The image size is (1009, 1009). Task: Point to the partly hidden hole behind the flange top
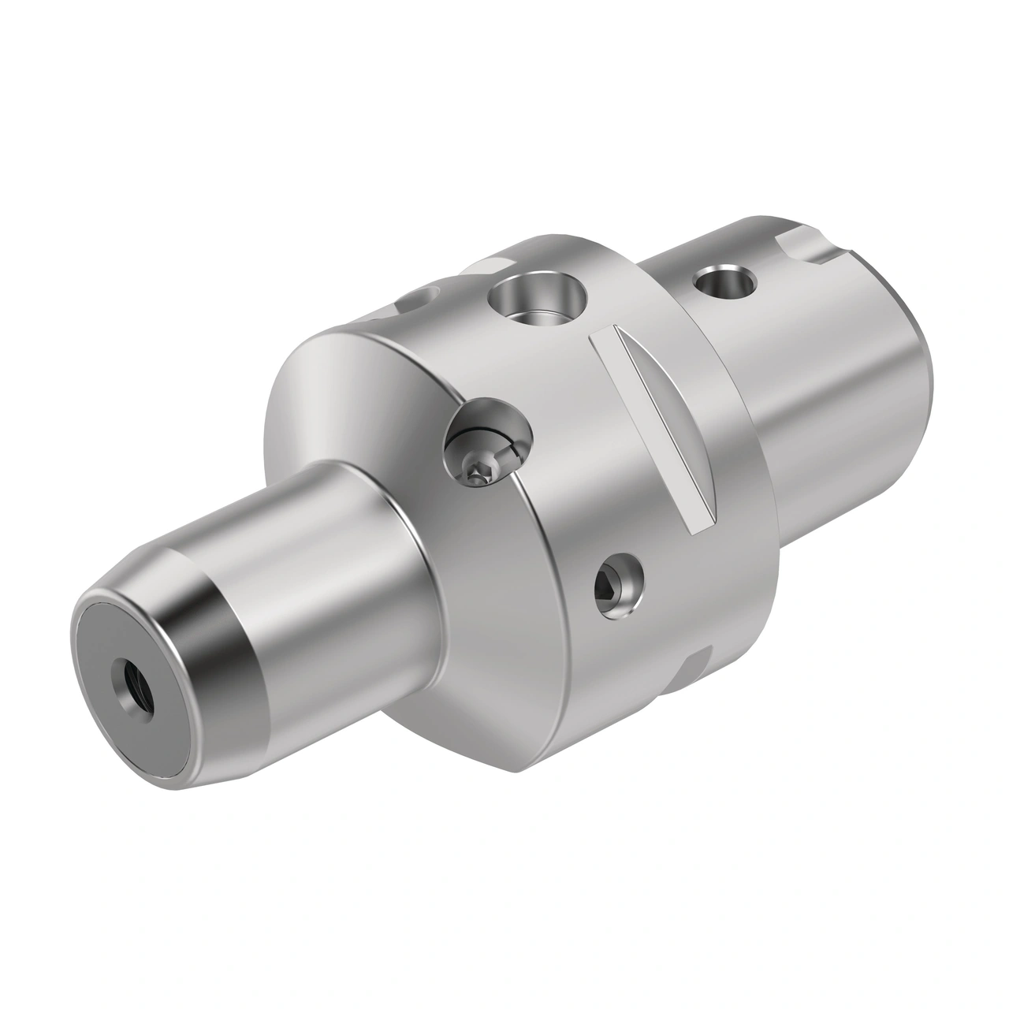click(x=421, y=299)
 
